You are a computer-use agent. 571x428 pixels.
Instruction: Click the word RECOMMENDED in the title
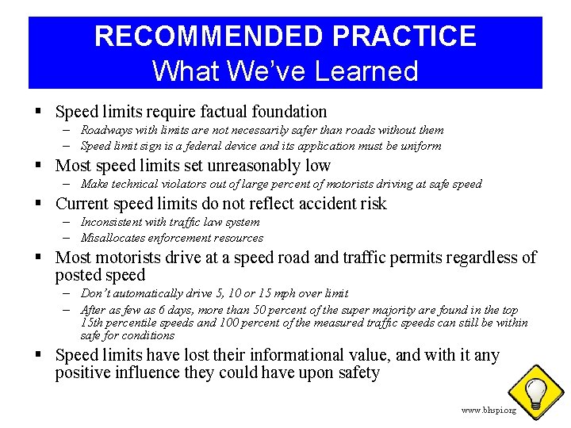207,36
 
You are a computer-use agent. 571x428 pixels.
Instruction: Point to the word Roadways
105,130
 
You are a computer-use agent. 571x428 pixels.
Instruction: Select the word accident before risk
316,204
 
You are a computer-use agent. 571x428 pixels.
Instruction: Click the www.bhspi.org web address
489,410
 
